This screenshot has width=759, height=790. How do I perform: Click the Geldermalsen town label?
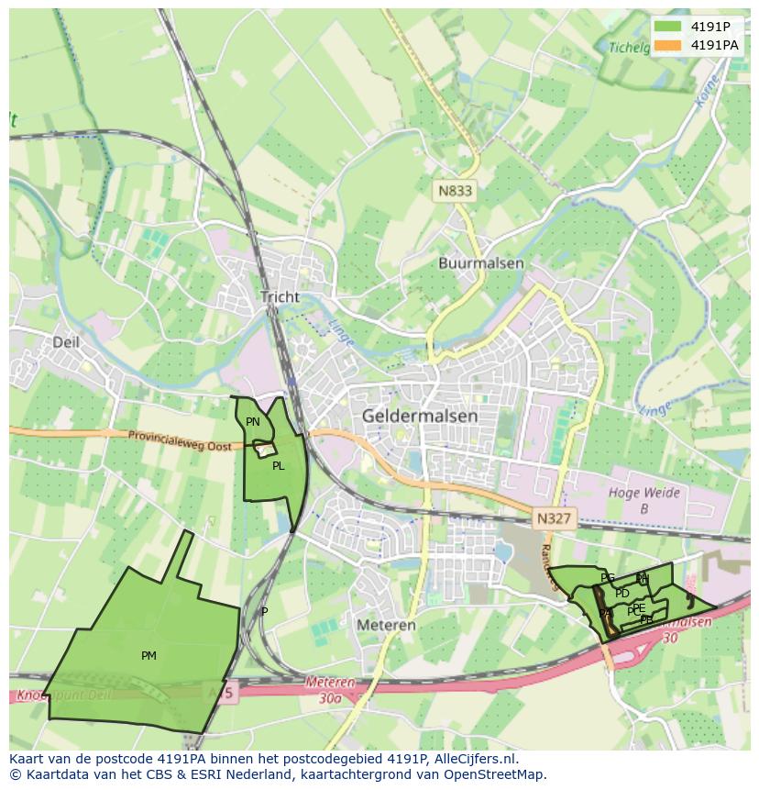click(420, 416)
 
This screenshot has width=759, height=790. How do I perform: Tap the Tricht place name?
click(280, 296)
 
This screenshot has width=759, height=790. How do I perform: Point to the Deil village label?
click(66, 342)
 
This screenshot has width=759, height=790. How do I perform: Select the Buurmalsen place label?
click(480, 263)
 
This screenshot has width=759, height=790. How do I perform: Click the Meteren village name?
click(386, 625)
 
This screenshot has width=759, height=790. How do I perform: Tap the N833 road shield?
click(455, 191)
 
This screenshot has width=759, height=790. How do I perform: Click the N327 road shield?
click(555, 518)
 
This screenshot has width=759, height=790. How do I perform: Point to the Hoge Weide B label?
click(644, 500)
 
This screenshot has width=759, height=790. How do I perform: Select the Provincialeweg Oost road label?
click(180, 440)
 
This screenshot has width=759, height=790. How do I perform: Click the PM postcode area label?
click(148, 655)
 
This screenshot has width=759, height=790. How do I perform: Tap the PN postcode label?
click(253, 422)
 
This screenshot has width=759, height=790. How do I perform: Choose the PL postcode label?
click(278, 466)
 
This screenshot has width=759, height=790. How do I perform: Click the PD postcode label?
click(622, 594)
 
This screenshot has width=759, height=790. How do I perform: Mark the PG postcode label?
click(607, 577)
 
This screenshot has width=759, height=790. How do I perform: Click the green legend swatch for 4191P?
click(668, 26)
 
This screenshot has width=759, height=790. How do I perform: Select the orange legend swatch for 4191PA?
click(668, 44)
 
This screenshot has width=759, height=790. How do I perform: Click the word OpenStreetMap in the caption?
click(499, 774)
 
